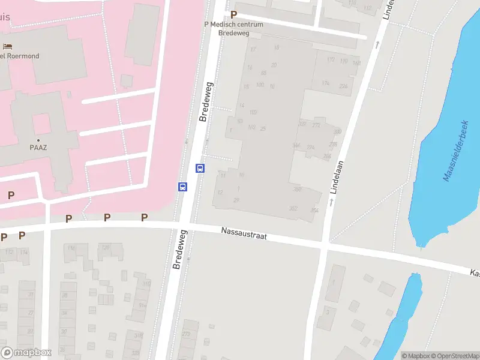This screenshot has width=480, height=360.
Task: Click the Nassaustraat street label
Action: coord(243,234)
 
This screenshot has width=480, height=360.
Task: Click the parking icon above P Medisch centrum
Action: coord(234,14)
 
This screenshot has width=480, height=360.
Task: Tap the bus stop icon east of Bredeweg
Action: coord(200,168)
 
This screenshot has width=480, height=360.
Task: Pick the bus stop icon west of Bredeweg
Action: coord(182,187)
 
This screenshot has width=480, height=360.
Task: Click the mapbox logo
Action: coord(26,353)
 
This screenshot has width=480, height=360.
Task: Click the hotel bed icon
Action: coord(7,47)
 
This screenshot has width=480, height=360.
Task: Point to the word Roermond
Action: coord(24,56)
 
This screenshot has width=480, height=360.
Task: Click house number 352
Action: coord(293,208)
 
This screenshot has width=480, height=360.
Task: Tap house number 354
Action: coord(314,210)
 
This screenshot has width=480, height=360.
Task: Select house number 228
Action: coord(343,86)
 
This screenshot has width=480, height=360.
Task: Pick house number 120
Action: coord(105,247)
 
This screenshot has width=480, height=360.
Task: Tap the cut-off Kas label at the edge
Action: coord(474,273)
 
